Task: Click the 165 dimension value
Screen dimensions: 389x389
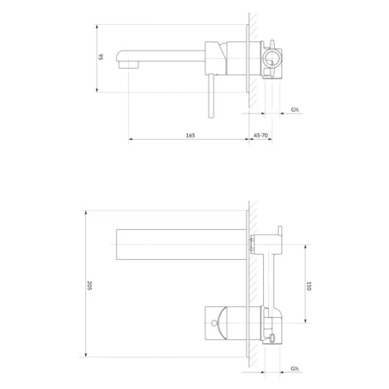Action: (190, 135)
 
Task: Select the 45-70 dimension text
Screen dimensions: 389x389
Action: (261, 135)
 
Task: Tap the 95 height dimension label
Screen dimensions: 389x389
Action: (101, 57)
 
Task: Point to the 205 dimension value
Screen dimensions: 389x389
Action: (89, 285)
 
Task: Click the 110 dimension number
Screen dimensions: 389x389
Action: (309, 286)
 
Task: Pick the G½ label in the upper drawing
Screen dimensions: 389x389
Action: (295, 109)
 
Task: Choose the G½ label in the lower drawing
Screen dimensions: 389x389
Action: (295, 368)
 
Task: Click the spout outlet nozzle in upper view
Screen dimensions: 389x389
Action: (128, 65)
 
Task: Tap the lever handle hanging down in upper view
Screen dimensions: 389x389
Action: (211, 96)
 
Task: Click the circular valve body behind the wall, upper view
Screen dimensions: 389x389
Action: (271, 59)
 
